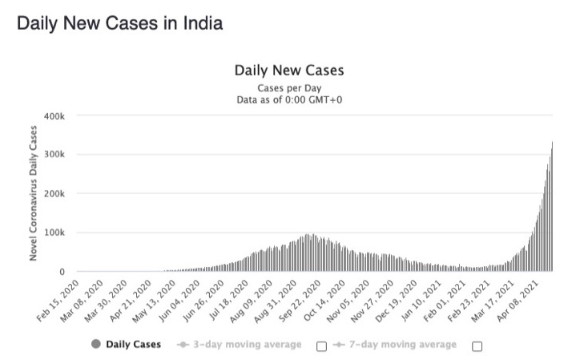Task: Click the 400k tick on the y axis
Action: pyautogui.click(x=66, y=116)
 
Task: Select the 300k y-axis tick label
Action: pyautogui.click(x=66, y=155)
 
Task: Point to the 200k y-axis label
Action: pyautogui.click(x=66, y=194)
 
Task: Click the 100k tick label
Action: pyautogui.click(x=66, y=233)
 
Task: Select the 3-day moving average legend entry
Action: pyautogui.click(x=240, y=345)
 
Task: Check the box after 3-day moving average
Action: pyautogui.click(x=321, y=346)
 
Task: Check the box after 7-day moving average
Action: pyautogui.click(x=477, y=346)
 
